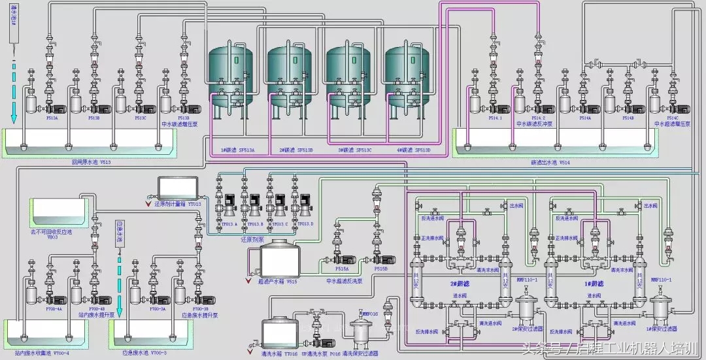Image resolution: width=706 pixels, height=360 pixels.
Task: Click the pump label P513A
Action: click(51, 118)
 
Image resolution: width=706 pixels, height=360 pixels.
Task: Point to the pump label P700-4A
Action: click(54, 308)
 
